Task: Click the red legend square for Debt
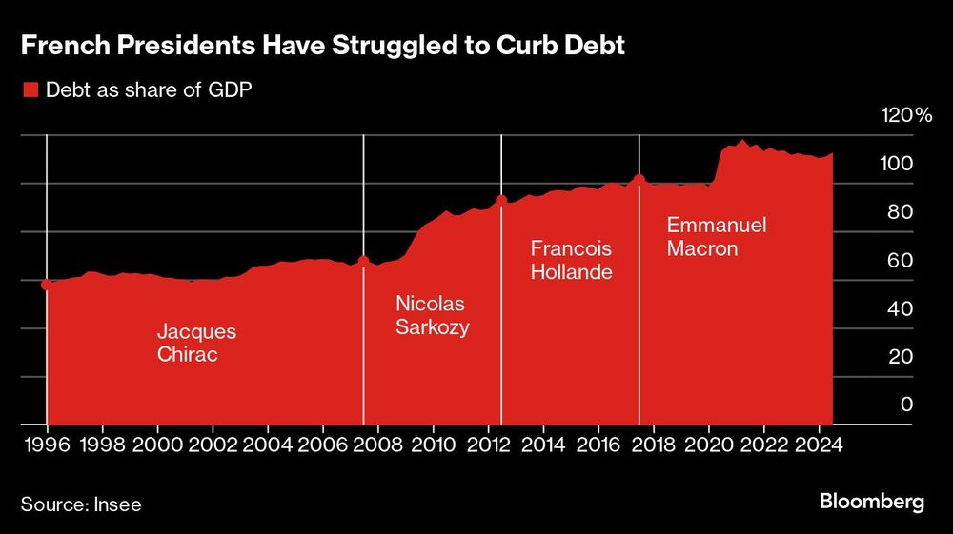[30, 90]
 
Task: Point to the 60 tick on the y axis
[901, 260]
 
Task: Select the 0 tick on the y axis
[907, 404]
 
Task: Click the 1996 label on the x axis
[47, 445]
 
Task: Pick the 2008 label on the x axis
[377, 445]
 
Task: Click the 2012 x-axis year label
[488, 445]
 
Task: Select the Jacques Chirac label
[196, 344]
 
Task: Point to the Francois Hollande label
[571, 261]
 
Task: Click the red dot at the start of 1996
[47, 284]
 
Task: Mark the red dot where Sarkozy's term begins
[363, 261]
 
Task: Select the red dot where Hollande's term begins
[501, 200]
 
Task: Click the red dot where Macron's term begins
[639, 179]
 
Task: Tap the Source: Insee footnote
[81, 504]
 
